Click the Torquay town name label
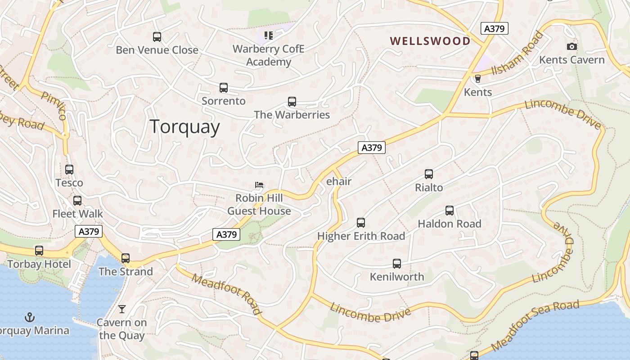click(184, 127)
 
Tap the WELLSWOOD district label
click(430, 41)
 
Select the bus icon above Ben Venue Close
click(157, 37)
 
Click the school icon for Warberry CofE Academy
click(269, 35)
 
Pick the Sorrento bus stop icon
click(224, 88)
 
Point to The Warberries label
click(292, 115)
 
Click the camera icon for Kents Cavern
click(572, 46)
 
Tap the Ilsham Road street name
click(517, 54)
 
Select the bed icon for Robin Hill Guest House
click(259, 185)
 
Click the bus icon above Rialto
click(429, 174)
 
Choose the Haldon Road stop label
click(449, 224)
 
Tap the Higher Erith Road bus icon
click(361, 222)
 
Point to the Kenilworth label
click(396, 277)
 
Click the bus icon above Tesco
click(69, 170)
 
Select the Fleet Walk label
click(77, 214)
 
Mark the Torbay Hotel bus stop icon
click(39, 251)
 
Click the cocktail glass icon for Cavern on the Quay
click(121, 309)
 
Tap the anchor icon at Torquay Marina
click(29, 317)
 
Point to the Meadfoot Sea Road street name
click(535, 325)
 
